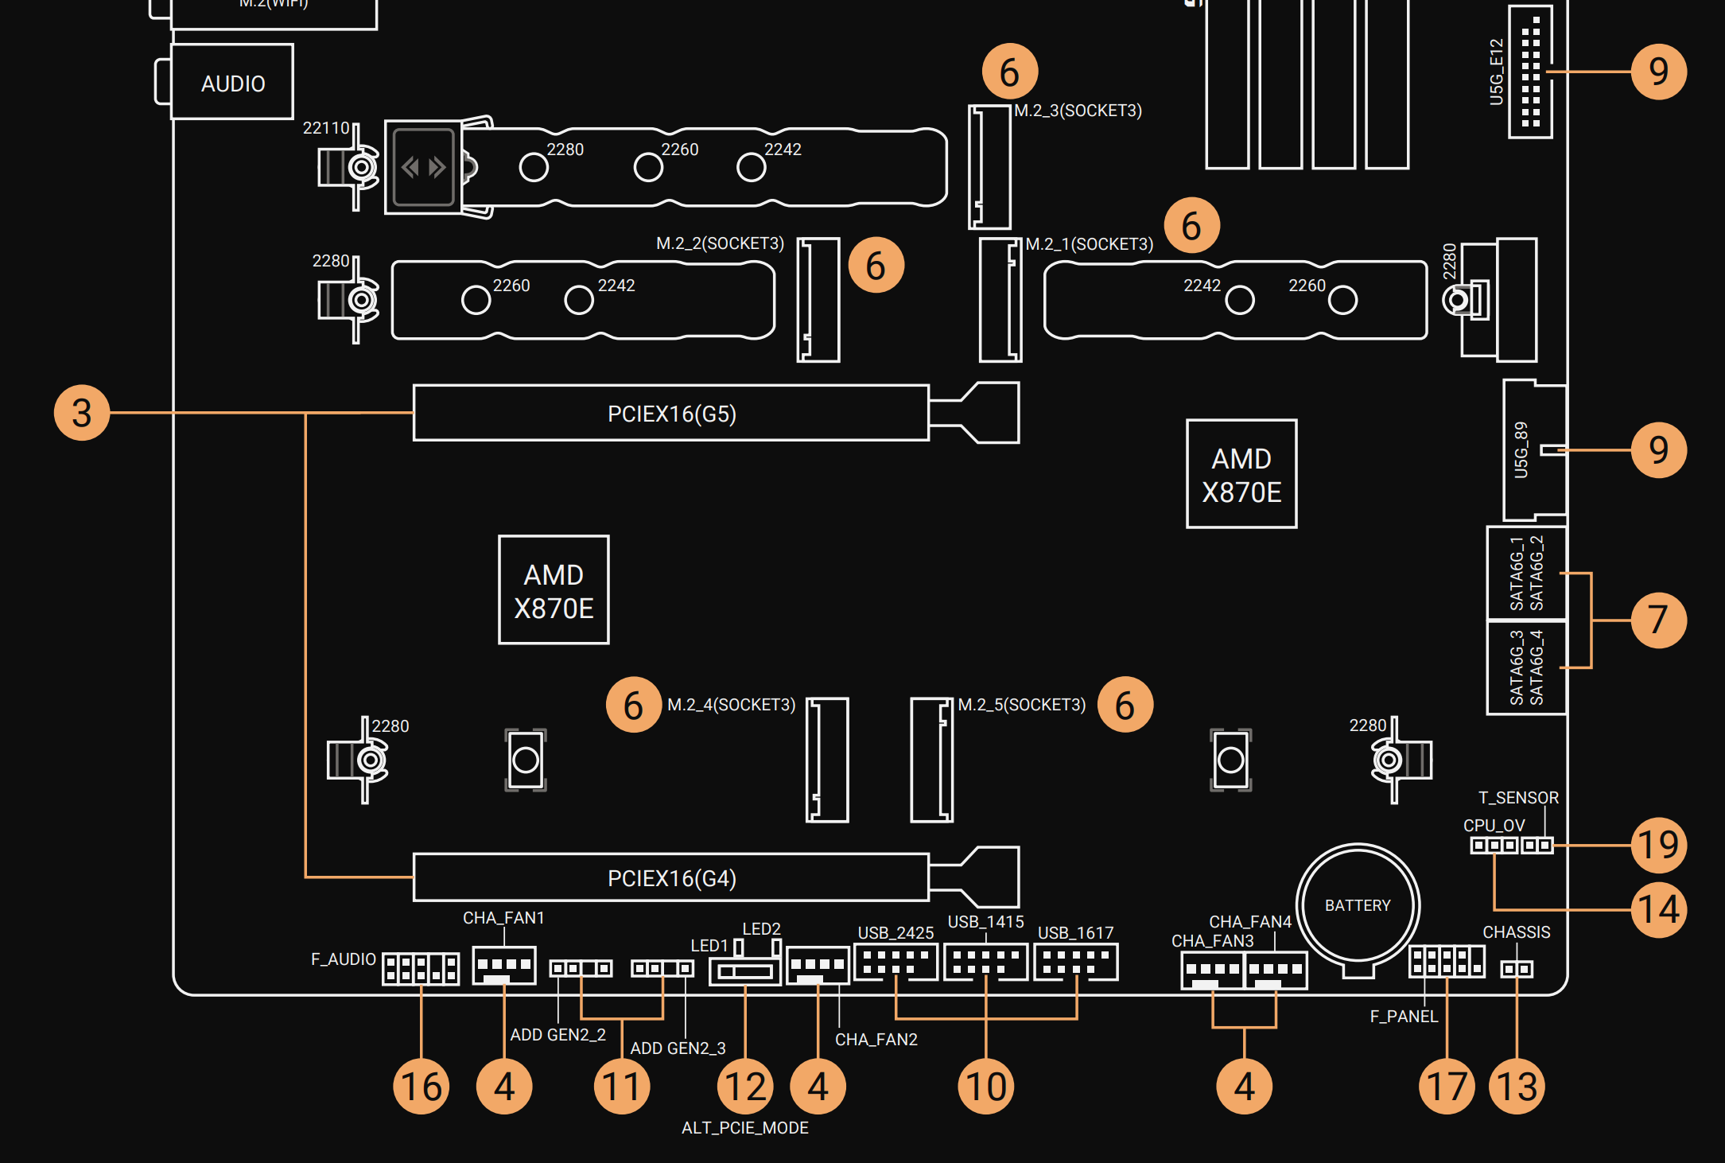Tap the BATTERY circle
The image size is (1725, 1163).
pos(1358,904)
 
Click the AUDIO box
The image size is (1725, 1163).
pos(232,83)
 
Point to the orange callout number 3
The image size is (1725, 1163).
pos(81,413)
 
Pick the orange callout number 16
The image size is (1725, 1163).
pos(421,1087)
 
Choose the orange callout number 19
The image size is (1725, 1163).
pos(1658,845)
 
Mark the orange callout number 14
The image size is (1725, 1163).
pos(1658,909)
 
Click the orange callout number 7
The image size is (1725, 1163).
pos(1658,620)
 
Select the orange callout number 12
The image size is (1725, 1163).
pos(745,1087)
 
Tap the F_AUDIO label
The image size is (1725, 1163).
pos(343,959)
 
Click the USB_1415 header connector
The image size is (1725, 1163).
pos(985,962)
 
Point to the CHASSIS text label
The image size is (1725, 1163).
pos(1516,932)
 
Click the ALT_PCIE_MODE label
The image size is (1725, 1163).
pos(744,1128)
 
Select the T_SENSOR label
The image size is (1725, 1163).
pos(1517,798)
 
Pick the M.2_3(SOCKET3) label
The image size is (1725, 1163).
pos(1078,111)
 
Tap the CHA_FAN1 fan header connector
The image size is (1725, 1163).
pos(503,965)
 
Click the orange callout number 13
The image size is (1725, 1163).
pos(1517,1087)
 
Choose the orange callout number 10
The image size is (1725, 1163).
pos(985,1087)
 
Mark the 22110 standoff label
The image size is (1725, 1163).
pos(326,128)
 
